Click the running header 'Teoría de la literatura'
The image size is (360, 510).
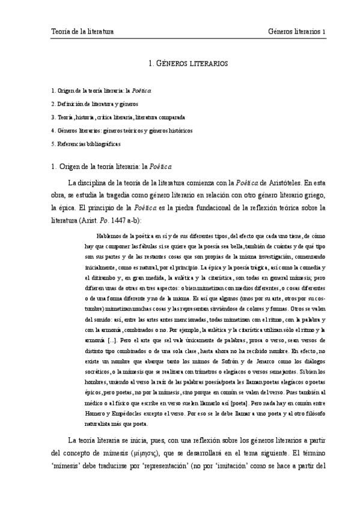click(x=82, y=31)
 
